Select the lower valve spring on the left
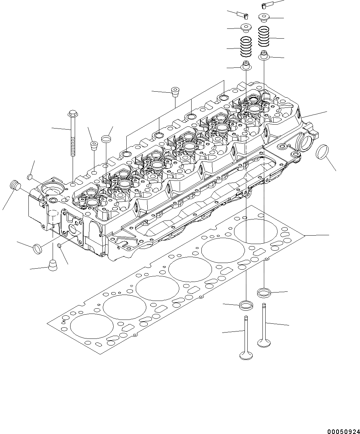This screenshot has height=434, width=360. point(246,47)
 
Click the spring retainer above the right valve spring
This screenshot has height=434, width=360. point(264,18)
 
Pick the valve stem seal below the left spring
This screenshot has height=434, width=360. point(246,66)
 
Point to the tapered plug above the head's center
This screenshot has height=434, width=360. point(175,92)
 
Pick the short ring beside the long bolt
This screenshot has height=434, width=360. point(106,139)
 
